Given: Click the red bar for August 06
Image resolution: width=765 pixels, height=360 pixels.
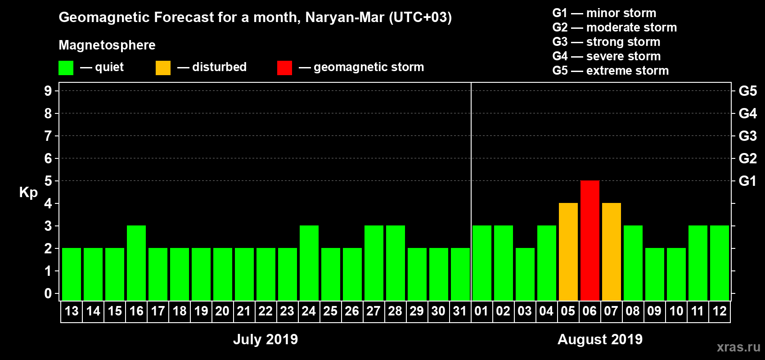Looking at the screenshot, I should click(589, 240).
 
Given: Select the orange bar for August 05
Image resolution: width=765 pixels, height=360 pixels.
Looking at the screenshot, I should click(568, 252).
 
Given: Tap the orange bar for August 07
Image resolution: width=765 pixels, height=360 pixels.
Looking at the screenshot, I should click(611, 252).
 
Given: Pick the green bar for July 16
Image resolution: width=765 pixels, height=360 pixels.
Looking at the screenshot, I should click(136, 263).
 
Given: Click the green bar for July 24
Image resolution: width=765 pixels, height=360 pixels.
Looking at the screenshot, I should click(309, 263).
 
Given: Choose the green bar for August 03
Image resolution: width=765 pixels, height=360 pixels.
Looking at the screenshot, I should click(525, 274).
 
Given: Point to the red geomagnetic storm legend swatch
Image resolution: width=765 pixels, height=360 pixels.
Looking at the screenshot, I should click(284, 68).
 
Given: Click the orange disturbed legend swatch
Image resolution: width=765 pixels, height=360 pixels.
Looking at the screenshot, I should click(163, 68).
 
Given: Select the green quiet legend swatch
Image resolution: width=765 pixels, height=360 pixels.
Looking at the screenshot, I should click(66, 68).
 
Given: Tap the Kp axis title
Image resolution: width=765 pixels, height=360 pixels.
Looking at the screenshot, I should click(28, 192).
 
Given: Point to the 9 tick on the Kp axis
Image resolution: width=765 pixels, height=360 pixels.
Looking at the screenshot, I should click(48, 91).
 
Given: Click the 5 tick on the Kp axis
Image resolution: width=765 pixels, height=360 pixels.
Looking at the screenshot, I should click(48, 181).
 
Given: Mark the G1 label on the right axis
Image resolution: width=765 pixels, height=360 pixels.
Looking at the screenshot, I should click(747, 181).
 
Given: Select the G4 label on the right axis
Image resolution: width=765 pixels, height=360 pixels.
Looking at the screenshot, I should click(747, 113).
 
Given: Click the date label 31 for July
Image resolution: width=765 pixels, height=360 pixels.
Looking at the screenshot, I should click(460, 311).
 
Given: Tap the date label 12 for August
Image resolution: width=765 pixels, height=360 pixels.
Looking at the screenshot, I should click(719, 311).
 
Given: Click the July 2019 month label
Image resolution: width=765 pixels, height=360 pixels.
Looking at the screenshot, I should click(265, 339).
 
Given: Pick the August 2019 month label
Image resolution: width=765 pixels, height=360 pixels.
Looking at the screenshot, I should click(600, 339).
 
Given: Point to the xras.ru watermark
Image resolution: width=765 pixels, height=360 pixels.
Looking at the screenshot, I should click(738, 347).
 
